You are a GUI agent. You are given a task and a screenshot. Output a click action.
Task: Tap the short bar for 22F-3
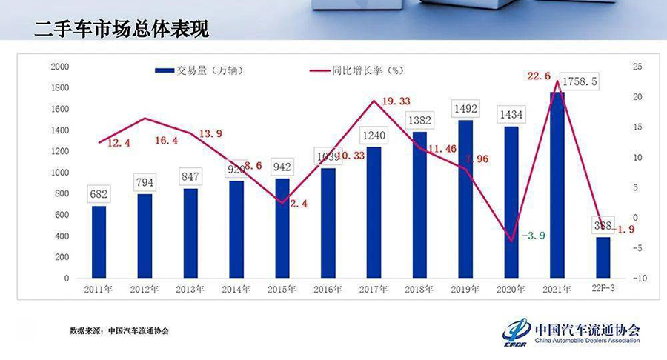click(x=603, y=258)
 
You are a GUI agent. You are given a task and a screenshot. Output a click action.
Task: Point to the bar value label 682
click(x=98, y=195)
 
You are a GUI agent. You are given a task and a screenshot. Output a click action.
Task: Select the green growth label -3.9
click(x=534, y=236)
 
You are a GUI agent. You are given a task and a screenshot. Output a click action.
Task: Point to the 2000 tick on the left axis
click(x=60, y=67)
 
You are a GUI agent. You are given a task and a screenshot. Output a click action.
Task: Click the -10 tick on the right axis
click(x=640, y=279)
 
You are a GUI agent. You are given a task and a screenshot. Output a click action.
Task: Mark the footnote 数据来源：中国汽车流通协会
click(x=119, y=330)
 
